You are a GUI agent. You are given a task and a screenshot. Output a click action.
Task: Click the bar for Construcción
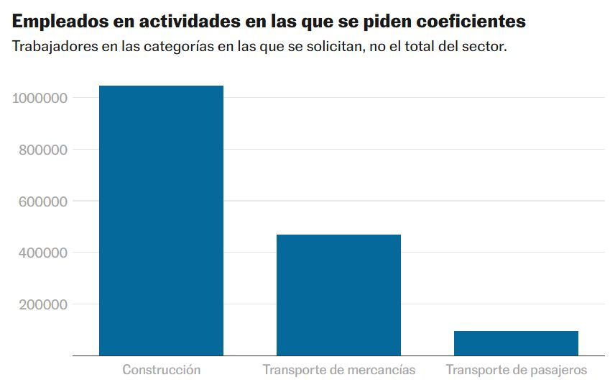161,220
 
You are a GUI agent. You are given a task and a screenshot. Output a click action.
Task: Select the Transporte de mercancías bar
338,295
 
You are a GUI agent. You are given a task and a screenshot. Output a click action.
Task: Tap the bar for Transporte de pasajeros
516,343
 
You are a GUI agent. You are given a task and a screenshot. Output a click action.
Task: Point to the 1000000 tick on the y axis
40,98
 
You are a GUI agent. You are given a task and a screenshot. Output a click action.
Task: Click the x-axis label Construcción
161,370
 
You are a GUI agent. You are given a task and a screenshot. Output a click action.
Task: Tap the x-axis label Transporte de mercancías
338,370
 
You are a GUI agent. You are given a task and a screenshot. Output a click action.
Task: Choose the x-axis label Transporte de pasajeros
516,370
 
